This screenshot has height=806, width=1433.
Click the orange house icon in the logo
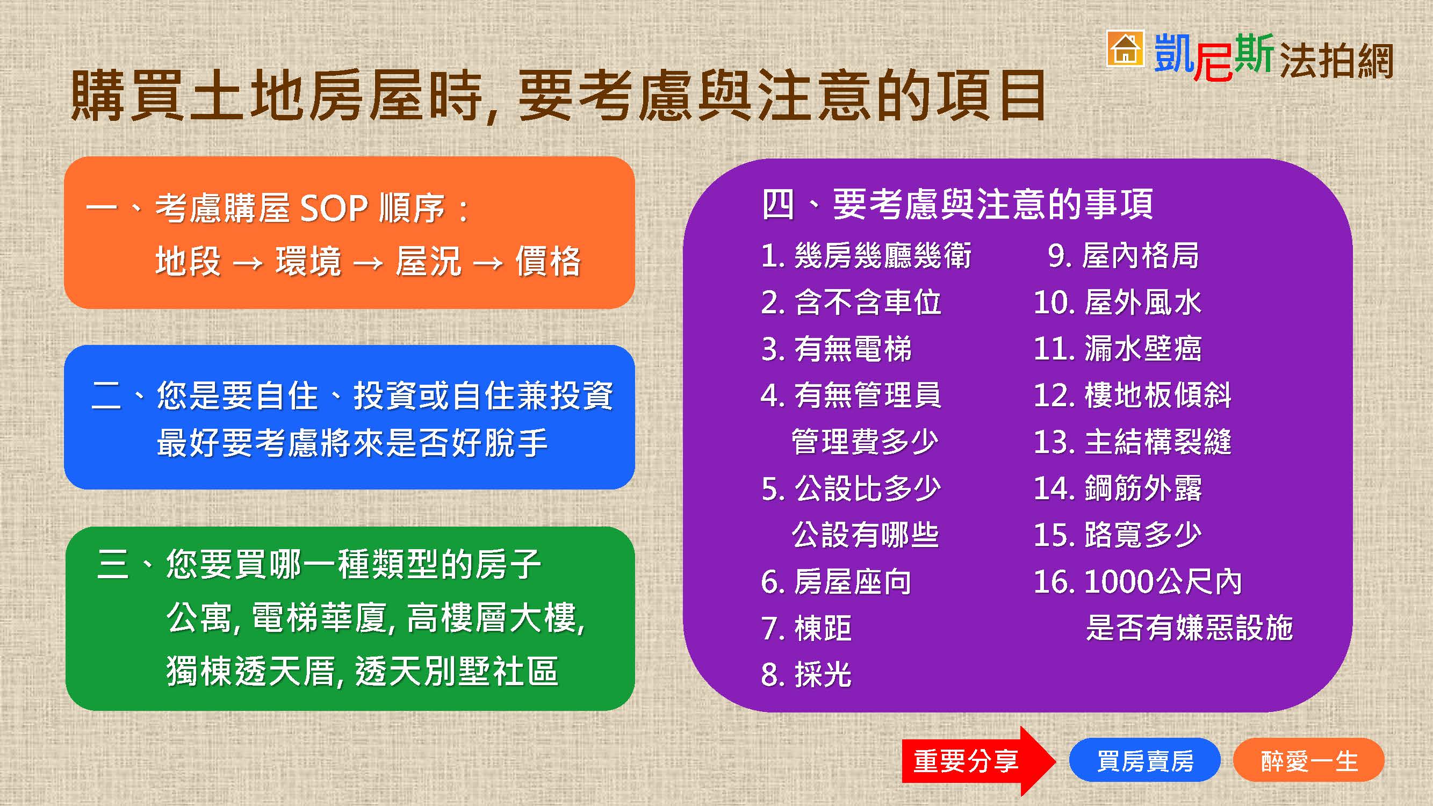pos(1125,48)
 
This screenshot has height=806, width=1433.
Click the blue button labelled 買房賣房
pos(1145,760)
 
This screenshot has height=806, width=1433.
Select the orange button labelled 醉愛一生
pos(1309,760)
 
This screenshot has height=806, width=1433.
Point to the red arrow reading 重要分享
pos(978,760)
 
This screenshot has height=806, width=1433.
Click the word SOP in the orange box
pos(334,208)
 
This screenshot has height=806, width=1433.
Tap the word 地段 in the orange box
pos(188,261)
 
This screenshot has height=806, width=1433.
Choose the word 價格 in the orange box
pos(548,261)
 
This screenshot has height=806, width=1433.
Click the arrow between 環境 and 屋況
pos(368,262)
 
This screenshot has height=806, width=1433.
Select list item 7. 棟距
pos(806,628)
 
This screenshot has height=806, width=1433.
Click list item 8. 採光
pos(806,675)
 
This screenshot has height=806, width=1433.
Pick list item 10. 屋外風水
pos(1117,303)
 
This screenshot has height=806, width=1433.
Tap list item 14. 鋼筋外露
pos(1117,488)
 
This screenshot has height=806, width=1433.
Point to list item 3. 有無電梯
pos(836,349)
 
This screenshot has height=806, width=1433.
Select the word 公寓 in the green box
pos(199,618)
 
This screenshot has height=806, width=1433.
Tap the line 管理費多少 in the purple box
pos(865,442)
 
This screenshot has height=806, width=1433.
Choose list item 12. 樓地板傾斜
pos(1132,395)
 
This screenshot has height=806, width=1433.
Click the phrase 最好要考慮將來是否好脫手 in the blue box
pos(352,443)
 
